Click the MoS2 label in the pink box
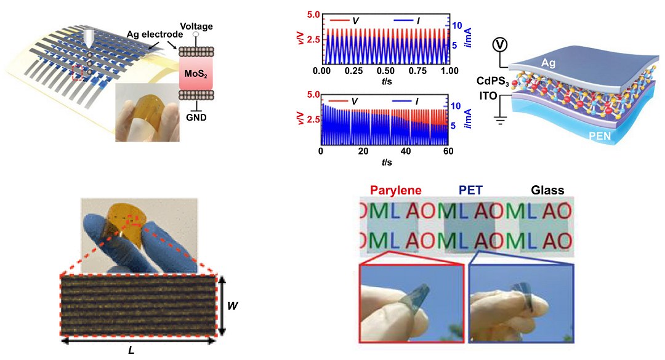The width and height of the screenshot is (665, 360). (x=196, y=74)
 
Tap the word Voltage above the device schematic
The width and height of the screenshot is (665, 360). (x=196, y=26)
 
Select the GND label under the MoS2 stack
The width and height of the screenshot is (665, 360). (x=196, y=117)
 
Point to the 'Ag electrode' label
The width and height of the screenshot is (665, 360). (x=155, y=34)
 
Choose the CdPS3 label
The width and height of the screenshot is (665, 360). (x=493, y=81)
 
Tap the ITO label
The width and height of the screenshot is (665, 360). (x=488, y=96)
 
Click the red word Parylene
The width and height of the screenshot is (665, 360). (x=396, y=190)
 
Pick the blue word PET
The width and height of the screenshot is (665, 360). (x=470, y=190)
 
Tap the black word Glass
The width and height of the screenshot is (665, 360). (x=547, y=190)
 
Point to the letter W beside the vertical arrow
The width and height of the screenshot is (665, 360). (x=232, y=305)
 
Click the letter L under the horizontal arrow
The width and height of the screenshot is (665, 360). (x=132, y=351)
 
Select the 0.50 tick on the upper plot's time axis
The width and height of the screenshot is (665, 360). (x=385, y=70)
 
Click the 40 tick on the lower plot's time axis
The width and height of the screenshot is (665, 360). (x=406, y=151)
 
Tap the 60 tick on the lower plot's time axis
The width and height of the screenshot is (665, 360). (x=448, y=151)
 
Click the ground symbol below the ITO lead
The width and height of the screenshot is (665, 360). (x=501, y=120)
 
